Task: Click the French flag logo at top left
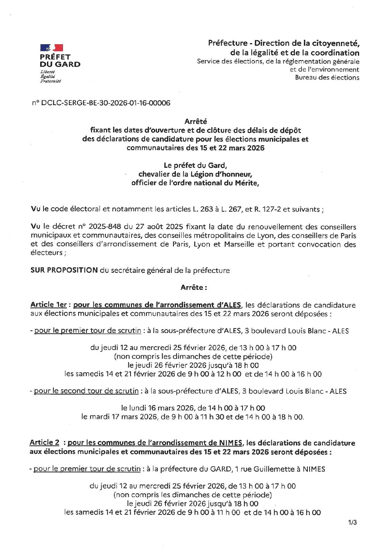pyautogui.click(x=51, y=47)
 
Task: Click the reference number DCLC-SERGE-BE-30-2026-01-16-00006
pyautogui.click(x=102, y=104)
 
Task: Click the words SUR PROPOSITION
pyautogui.click(x=64, y=270)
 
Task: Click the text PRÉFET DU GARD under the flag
pyautogui.click(x=60, y=60)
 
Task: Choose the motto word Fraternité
pyautogui.click(x=51, y=81)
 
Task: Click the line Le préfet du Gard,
pyautogui.click(x=195, y=166)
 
